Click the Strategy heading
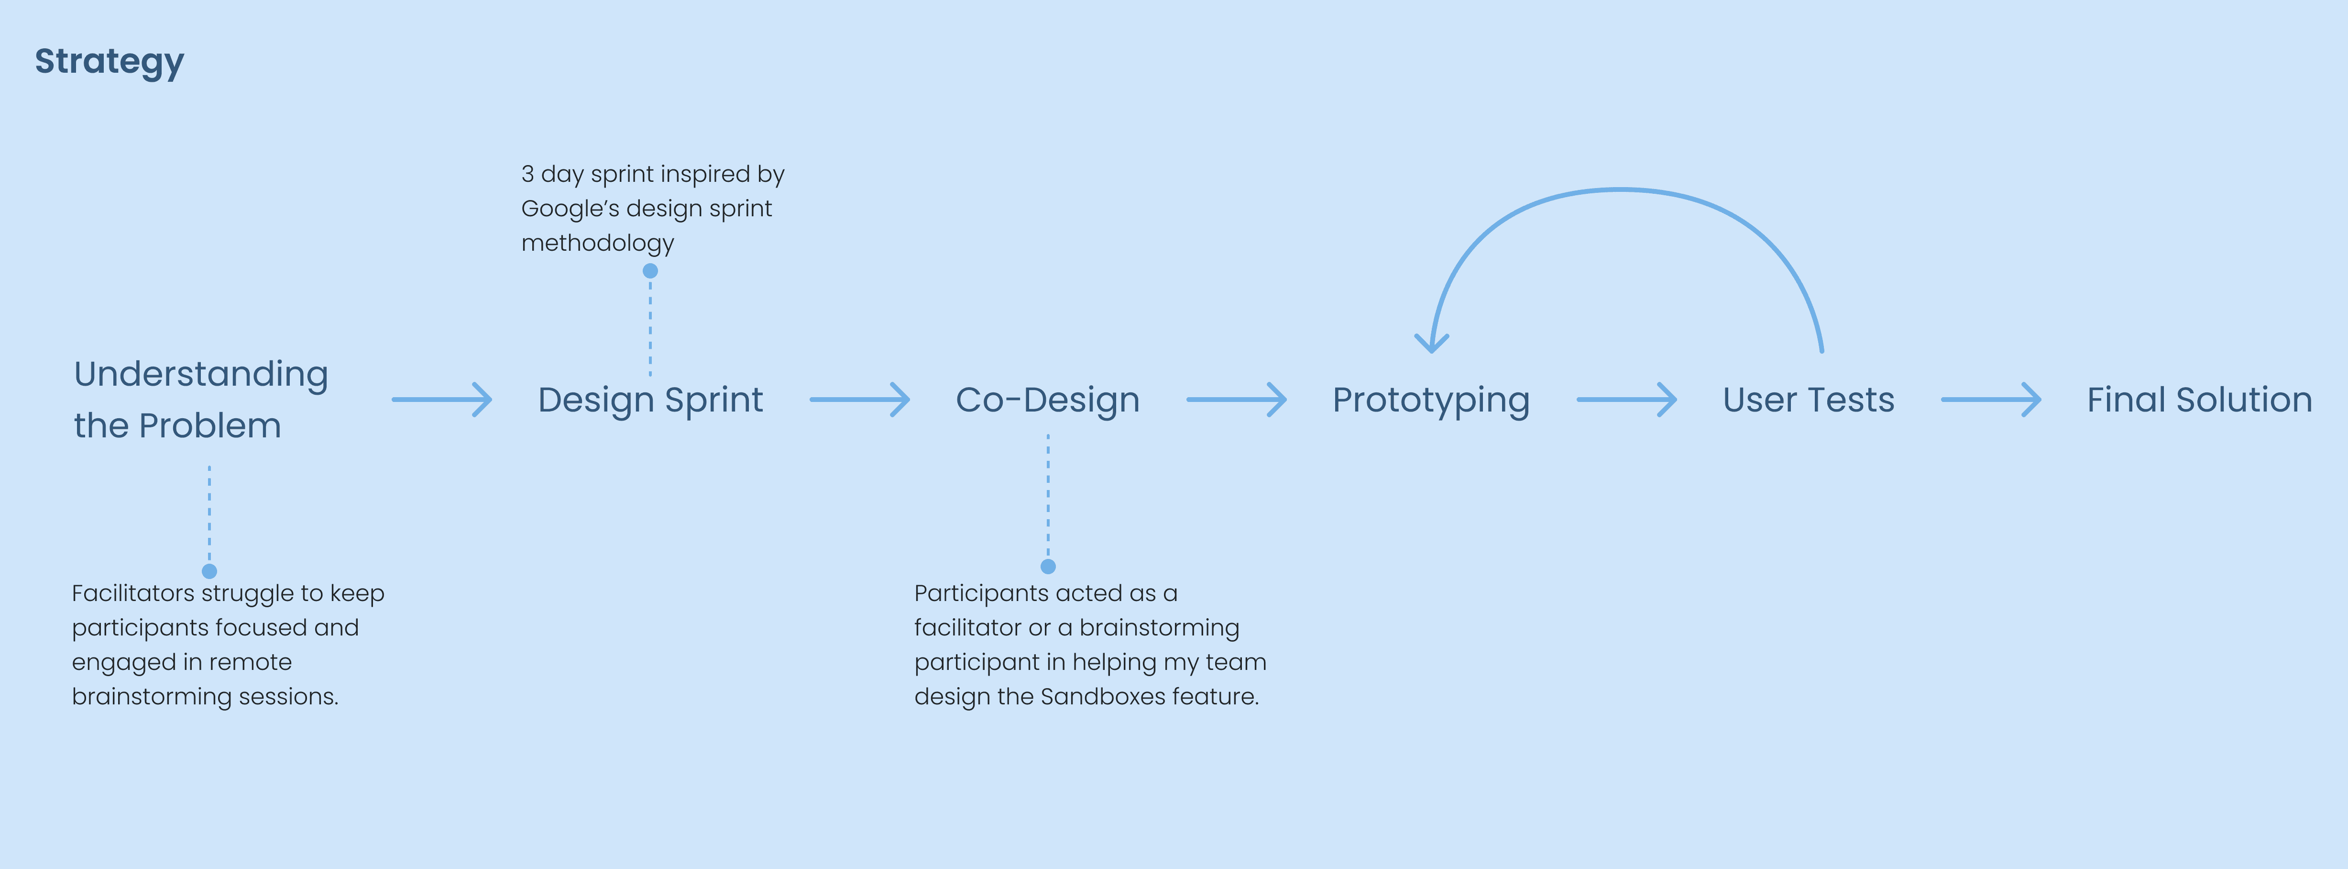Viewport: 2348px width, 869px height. click(110, 62)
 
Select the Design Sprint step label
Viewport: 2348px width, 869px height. click(650, 401)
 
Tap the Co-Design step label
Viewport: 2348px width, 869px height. click(1047, 401)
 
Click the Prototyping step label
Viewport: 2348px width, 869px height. click(1431, 401)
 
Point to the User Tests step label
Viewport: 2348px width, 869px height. click(1809, 401)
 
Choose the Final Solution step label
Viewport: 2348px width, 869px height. click(2199, 401)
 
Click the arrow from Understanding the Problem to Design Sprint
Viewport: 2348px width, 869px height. click(442, 400)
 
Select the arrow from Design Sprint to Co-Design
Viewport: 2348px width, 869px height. click(859, 400)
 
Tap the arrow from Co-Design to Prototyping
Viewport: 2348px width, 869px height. click(1236, 400)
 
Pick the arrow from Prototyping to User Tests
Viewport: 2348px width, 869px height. click(1626, 400)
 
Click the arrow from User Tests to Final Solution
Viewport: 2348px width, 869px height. click(1991, 400)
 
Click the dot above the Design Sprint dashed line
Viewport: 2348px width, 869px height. click(650, 271)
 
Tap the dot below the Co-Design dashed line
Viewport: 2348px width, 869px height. click(1048, 566)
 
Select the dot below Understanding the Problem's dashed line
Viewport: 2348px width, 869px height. click(209, 571)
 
